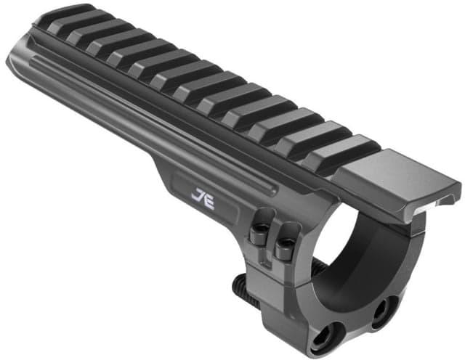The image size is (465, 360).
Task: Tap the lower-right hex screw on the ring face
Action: (381, 314)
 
